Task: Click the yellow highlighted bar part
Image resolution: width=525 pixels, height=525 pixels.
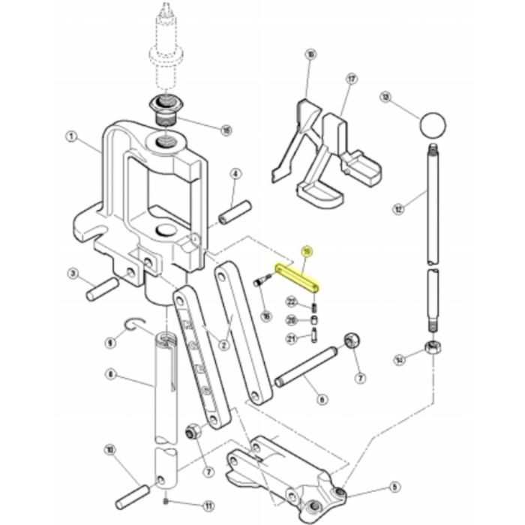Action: tap(297, 277)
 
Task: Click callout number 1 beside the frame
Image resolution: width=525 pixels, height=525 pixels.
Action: tap(71, 136)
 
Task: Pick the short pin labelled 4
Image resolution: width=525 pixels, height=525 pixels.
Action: tap(232, 211)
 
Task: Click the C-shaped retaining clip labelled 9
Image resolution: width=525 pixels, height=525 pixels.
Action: tap(135, 324)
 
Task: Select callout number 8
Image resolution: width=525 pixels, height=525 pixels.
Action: tap(110, 373)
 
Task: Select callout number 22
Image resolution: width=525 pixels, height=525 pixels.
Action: tap(292, 302)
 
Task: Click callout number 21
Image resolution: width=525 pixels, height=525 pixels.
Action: tap(292, 338)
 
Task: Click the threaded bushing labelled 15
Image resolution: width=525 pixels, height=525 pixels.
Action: tap(165, 109)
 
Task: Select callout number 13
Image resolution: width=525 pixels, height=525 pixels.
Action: tap(385, 97)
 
